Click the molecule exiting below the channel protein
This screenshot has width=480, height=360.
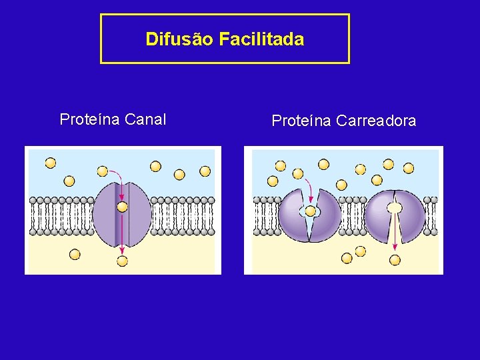pyautogui.click(x=122, y=261)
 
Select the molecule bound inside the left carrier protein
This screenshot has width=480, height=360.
pyautogui.click(x=310, y=212)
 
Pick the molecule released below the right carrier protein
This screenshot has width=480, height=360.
pyautogui.click(x=395, y=260)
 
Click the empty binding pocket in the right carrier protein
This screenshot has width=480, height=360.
pyautogui.click(x=395, y=208)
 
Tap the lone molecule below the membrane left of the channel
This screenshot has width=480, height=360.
pyautogui.click(x=75, y=254)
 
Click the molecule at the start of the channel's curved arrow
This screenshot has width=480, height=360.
pyautogui.click(x=102, y=171)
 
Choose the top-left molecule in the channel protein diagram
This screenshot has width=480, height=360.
pyautogui.click(x=51, y=163)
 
